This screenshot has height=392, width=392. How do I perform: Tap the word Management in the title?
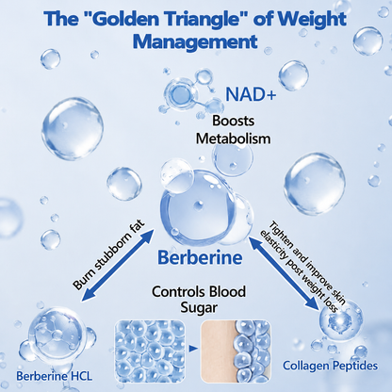195,41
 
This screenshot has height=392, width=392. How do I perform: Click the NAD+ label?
251,93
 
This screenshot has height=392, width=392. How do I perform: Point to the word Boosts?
234,121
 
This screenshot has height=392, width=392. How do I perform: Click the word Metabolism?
233,139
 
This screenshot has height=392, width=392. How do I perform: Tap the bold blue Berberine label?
200,257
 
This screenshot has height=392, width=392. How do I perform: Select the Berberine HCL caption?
55,376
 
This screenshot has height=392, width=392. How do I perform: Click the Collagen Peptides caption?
330,366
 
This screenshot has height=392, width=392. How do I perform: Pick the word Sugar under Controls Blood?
199,308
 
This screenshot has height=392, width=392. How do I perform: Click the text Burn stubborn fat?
109,254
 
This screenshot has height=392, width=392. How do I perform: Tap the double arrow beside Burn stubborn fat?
118,266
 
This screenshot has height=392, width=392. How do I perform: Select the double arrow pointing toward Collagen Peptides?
285,273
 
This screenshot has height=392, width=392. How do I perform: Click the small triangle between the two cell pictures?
193,349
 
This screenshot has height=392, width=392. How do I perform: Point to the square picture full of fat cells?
150,351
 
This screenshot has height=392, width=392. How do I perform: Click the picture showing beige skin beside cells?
236,351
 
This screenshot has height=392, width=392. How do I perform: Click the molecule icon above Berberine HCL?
57,335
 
